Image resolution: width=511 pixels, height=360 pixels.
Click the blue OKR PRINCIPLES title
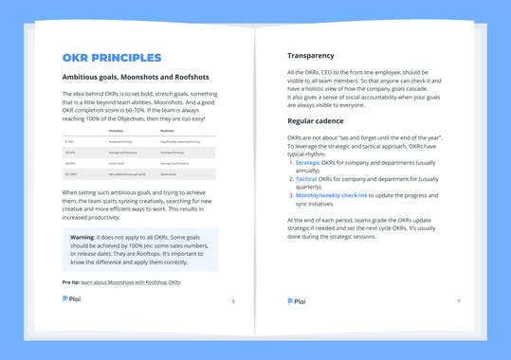[x=111, y=58]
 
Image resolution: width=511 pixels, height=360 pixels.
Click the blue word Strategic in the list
[x=312, y=162]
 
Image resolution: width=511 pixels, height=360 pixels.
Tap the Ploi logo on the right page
[x=297, y=301]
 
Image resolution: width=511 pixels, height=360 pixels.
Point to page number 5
[x=233, y=301]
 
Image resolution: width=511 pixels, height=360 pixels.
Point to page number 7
[x=458, y=301]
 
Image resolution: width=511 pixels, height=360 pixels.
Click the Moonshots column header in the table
[x=116, y=133]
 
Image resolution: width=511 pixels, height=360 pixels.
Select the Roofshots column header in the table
[x=180, y=133]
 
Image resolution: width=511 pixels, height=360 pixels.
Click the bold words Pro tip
[x=72, y=282]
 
